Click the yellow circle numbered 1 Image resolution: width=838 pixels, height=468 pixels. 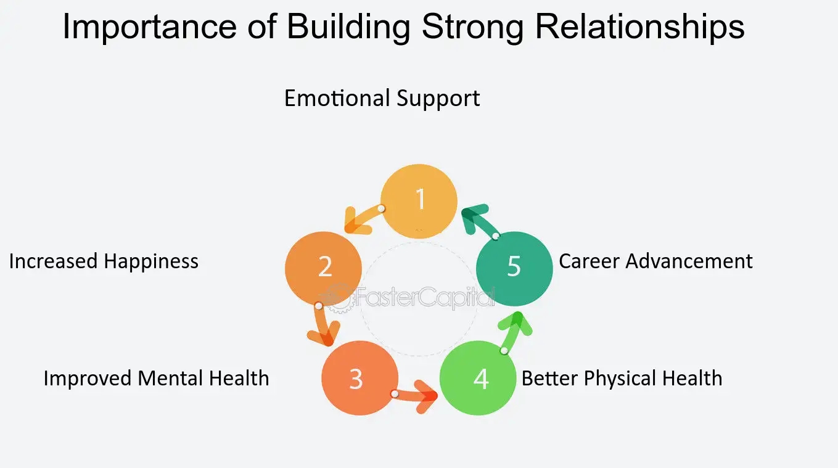(x=419, y=201)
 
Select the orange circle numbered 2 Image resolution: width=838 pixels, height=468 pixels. (x=323, y=268)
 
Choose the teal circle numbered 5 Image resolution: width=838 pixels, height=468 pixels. (x=514, y=268)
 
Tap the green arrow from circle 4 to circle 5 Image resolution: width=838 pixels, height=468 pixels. (x=514, y=332)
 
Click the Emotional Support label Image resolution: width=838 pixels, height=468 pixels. (x=382, y=99)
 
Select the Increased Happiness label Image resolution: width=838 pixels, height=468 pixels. (x=104, y=261)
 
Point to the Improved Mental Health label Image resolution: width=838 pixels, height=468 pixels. (x=156, y=378)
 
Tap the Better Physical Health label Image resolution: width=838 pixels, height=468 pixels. (x=622, y=378)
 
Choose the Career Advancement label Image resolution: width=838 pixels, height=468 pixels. (x=655, y=261)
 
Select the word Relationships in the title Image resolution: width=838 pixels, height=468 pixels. (x=639, y=28)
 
